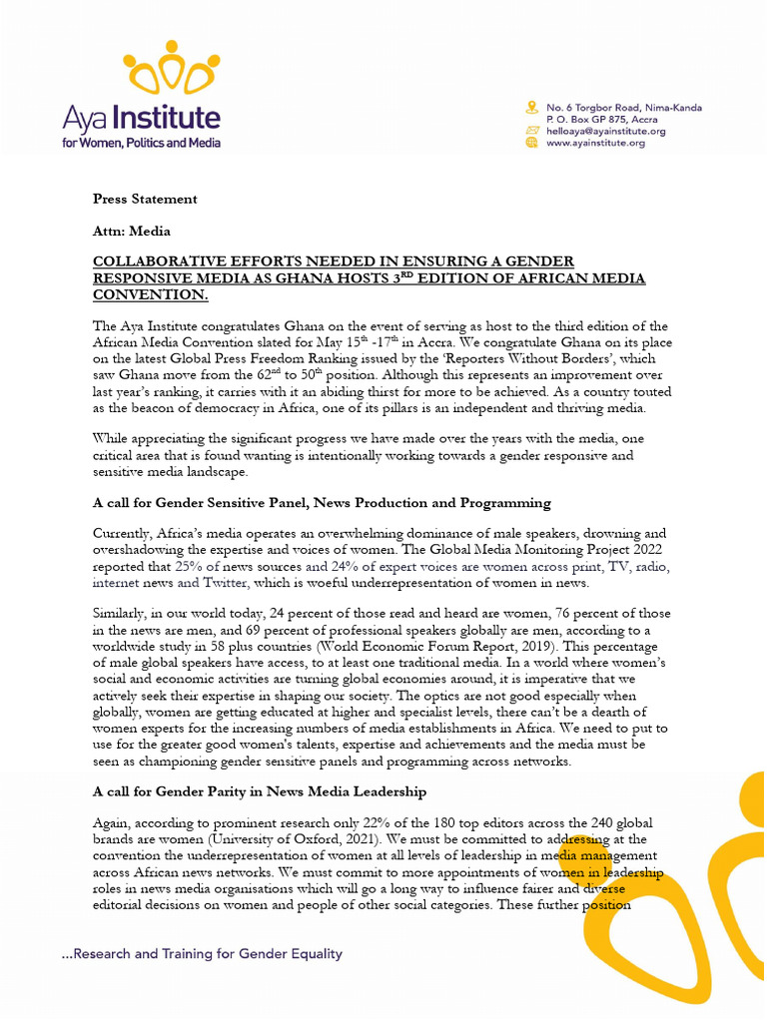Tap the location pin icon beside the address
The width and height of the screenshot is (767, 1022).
point(532,108)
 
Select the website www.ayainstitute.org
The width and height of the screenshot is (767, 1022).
point(595,143)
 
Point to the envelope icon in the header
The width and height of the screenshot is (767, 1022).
point(532,131)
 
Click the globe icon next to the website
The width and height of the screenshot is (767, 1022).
point(532,143)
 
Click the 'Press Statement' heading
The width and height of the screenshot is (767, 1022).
point(145,199)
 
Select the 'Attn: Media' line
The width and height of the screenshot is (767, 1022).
point(131,231)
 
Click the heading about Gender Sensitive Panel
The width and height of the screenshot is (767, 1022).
point(322,503)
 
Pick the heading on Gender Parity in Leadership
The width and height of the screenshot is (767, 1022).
point(260,791)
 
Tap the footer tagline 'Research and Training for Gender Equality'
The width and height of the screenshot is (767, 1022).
point(202,953)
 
